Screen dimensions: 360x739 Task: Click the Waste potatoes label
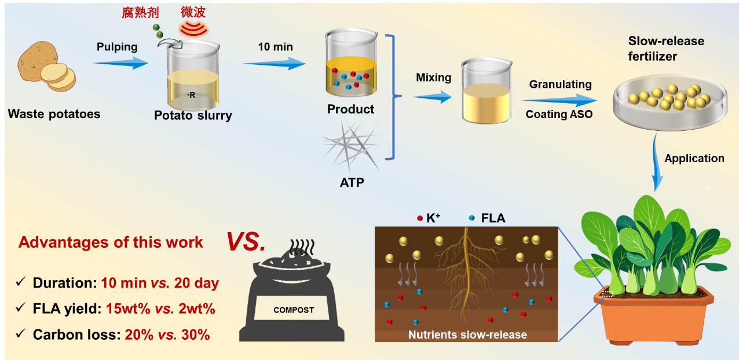pos(54,114)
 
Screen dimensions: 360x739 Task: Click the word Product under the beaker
pos(350,109)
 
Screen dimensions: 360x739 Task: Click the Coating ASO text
pos(559,114)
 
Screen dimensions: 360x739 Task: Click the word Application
pos(694,159)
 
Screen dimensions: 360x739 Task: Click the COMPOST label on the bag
pos(294,310)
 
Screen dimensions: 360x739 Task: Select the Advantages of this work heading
pos(111,242)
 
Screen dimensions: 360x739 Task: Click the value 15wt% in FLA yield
pos(126,309)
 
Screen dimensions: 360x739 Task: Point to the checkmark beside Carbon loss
pos(21,334)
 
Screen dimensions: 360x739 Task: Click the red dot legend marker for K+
pos(419,218)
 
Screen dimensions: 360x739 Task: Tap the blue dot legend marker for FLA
pos(472,218)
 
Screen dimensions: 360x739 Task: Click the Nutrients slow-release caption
pos(467,335)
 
